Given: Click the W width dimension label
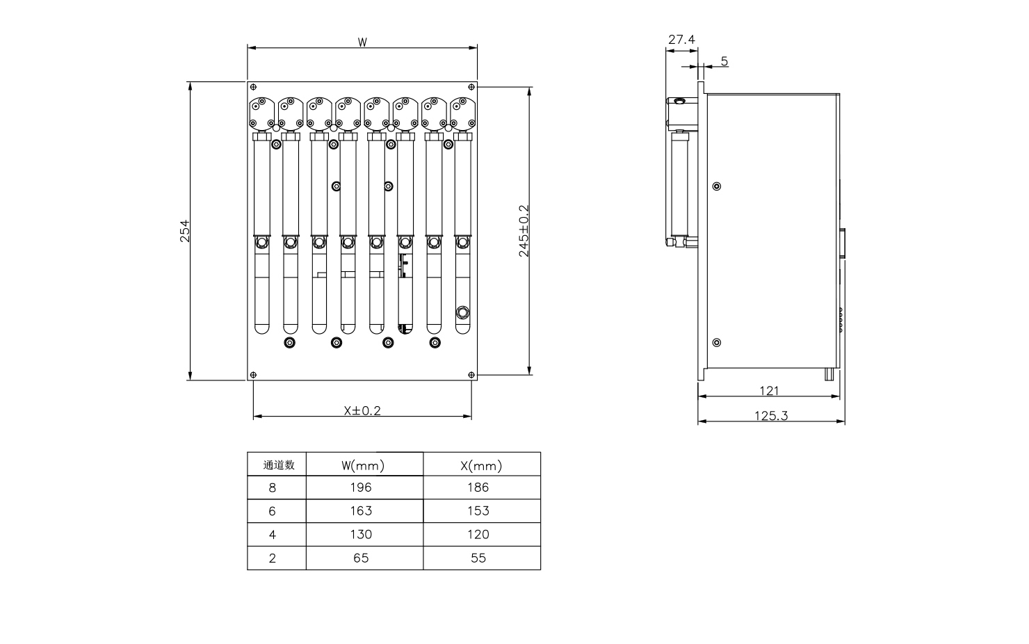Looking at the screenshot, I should [362, 42].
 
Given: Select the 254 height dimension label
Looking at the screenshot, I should [185, 231].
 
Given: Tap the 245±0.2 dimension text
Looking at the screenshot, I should [524, 231].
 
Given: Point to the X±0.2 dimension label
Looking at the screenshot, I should [362, 410].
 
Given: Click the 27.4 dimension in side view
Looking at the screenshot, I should [681, 40].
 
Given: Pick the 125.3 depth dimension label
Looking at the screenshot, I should [771, 416].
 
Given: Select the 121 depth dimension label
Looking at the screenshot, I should [769, 391].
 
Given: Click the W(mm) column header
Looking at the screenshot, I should [363, 465].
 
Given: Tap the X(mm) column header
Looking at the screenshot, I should [480, 465].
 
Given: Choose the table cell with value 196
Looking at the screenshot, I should [362, 488].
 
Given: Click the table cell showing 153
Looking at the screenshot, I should [478, 511].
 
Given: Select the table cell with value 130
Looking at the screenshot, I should [362, 535].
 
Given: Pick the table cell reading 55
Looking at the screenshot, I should [478, 558].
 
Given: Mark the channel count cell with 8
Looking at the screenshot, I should [272, 488].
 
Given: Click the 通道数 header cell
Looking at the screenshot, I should [279, 465].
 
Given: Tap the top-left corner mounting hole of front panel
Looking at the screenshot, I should [254, 87].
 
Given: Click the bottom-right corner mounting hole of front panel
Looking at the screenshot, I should [471, 375].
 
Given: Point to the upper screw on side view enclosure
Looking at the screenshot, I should [717, 186].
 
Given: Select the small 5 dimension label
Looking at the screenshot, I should [724, 61].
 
